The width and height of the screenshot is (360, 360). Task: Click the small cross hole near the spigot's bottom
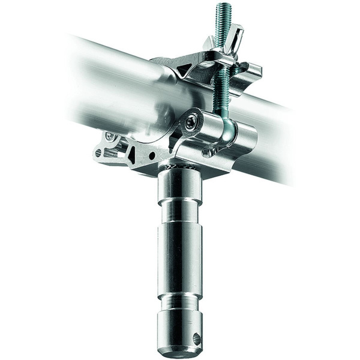[196, 339]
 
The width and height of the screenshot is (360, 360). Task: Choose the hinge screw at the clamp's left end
[110, 137]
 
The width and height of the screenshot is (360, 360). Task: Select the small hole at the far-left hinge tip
[98, 153]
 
